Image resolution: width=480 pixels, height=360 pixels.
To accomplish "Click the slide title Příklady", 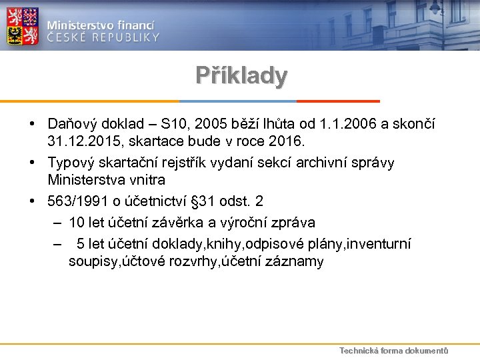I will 241,75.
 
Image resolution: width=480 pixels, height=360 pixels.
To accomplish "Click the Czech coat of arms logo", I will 22,25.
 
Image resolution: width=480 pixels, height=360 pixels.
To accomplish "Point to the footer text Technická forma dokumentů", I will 393,351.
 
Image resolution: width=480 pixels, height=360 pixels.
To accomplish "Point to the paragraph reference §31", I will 214,201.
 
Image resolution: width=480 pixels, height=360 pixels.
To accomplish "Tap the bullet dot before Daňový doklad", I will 31,124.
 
